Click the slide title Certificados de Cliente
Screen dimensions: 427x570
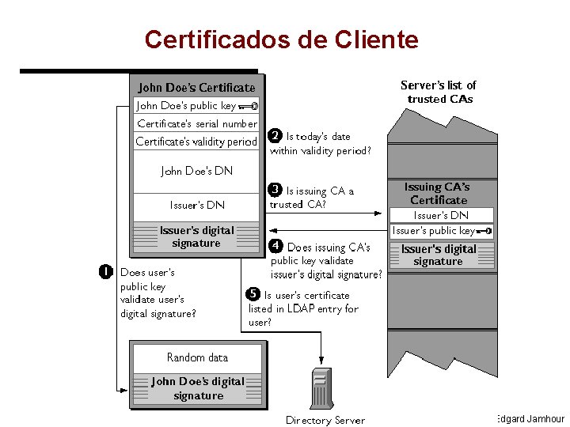[x=281, y=39]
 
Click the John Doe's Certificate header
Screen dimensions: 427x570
[x=196, y=87]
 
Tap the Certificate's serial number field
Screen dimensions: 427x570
[x=196, y=123]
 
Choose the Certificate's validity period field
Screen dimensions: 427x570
[x=196, y=142]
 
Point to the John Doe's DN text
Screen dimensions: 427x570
[x=196, y=170]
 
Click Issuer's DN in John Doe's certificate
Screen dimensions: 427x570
[x=196, y=205]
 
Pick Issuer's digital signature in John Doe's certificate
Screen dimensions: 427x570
[x=196, y=236]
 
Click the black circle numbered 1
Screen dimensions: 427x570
[x=104, y=272]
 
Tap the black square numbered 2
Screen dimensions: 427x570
[x=275, y=136]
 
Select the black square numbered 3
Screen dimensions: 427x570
[x=275, y=190]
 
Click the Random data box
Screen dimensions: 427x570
[x=197, y=357]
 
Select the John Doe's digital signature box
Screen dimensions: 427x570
[x=197, y=388]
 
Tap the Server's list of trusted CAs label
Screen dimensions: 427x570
[x=438, y=92]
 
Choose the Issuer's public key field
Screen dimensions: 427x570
[x=440, y=231]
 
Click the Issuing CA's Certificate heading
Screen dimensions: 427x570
[x=438, y=194]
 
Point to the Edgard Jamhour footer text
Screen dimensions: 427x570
[x=530, y=418]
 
